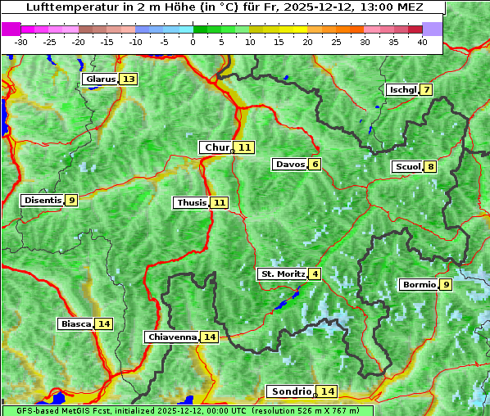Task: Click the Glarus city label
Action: (x=100, y=79)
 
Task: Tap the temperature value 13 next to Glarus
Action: (x=128, y=79)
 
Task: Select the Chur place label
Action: (x=217, y=147)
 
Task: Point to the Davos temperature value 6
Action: (x=315, y=165)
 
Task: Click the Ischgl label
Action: (x=402, y=89)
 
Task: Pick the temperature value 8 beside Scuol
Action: (x=430, y=167)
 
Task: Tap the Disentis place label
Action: (x=43, y=200)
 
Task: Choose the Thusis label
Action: (x=192, y=202)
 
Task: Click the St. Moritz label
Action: (x=282, y=274)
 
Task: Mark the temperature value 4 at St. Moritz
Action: (x=315, y=274)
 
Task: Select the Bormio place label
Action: (x=418, y=285)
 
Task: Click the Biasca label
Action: (x=75, y=323)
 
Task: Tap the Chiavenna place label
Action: (x=172, y=337)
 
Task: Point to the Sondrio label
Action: (x=291, y=391)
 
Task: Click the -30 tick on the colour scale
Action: (x=21, y=42)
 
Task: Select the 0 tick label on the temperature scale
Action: (x=193, y=42)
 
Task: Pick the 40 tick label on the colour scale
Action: (x=422, y=42)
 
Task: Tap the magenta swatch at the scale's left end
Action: (x=11, y=29)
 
